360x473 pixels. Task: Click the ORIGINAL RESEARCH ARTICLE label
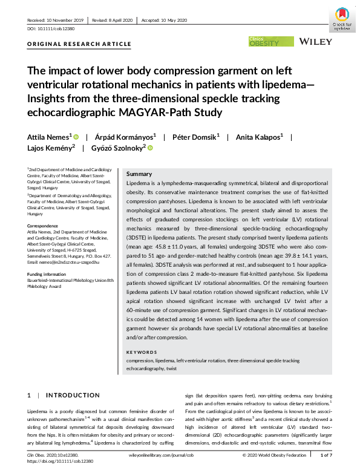pos(79,44)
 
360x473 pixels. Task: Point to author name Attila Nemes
pos(49,137)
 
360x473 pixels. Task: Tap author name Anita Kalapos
pos(259,137)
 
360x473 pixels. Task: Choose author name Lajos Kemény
pos(50,148)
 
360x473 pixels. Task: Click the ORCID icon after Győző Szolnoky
pos(150,148)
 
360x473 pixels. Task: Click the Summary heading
pos(139,174)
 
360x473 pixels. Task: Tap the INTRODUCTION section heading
pos(77,395)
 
